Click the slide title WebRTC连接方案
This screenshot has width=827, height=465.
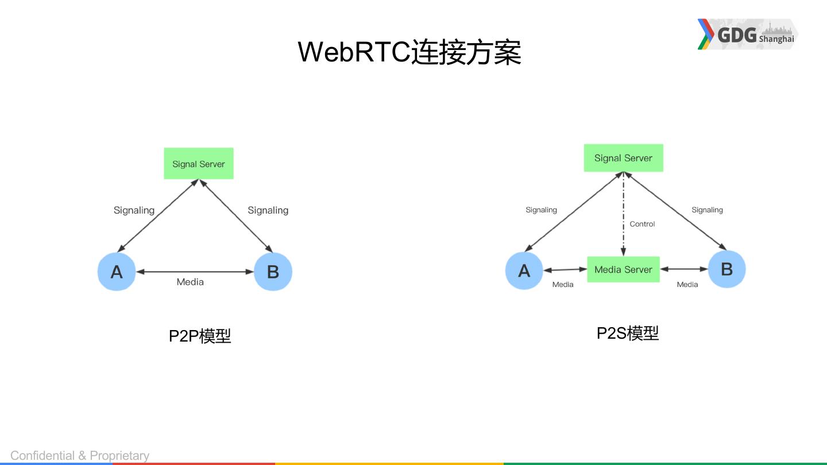409,52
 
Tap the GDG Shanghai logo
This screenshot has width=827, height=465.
748,34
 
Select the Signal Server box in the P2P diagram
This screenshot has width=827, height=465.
199,164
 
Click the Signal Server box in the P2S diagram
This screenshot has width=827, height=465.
623,158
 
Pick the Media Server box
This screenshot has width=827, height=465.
623,269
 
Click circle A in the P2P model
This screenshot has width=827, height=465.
117,272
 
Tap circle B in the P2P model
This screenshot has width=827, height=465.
273,272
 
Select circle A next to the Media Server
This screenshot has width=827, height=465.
524,270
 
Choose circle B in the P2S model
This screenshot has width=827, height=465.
726,269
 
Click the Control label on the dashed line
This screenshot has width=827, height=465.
642,224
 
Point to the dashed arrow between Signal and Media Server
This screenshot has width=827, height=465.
623,214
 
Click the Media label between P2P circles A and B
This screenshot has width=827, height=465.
190,282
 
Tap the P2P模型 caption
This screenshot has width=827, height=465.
200,336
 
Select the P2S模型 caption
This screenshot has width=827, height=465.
628,333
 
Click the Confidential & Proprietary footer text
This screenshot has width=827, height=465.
80,456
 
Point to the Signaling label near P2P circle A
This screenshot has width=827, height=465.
134,210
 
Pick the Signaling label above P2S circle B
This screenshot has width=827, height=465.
707,210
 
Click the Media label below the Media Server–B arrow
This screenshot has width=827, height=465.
687,285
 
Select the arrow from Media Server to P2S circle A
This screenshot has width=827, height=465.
565,270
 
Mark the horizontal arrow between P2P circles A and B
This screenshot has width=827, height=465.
195,272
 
